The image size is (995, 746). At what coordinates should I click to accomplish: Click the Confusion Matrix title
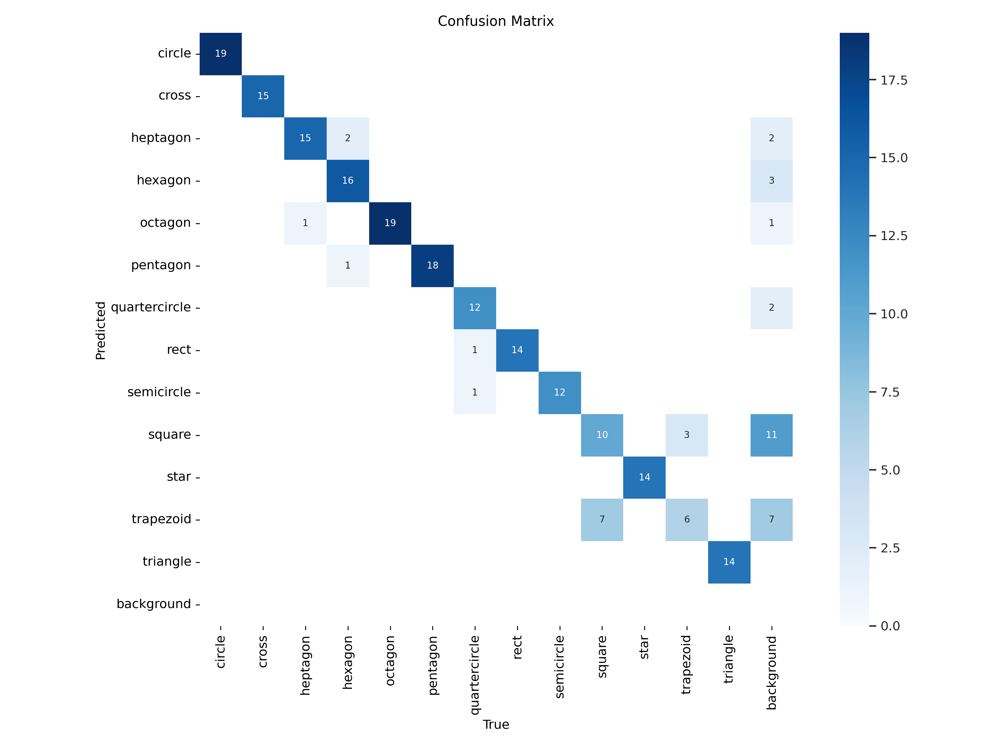(x=496, y=21)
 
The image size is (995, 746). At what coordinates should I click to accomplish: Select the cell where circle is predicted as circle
(x=221, y=53)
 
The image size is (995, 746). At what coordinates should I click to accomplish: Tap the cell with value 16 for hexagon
(x=348, y=181)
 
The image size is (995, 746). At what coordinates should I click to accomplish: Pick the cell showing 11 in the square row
(x=771, y=435)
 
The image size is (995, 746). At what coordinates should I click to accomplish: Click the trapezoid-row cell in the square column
(x=602, y=519)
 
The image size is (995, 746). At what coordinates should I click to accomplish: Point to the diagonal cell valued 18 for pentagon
(x=432, y=265)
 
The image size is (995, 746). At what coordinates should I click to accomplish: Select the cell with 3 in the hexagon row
(x=771, y=181)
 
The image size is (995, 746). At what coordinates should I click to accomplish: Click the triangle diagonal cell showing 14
(x=729, y=562)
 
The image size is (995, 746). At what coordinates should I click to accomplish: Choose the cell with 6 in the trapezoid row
(x=687, y=519)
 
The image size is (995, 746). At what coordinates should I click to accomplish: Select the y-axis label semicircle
(x=159, y=392)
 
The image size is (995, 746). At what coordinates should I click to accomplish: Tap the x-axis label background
(x=771, y=672)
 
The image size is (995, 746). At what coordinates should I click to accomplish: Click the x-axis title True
(x=496, y=724)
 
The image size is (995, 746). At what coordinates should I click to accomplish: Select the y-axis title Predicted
(x=100, y=331)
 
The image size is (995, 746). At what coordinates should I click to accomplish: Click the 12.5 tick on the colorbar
(x=894, y=236)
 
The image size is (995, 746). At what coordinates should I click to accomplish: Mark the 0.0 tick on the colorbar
(x=890, y=626)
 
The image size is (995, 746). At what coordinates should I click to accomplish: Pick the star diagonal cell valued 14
(x=644, y=477)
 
